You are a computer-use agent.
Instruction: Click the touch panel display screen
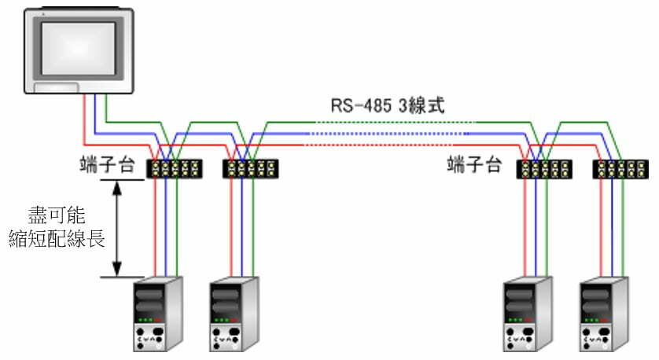click(x=72, y=47)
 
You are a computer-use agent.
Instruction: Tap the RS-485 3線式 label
click(x=388, y=105)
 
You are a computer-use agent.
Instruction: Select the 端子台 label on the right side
click(x=474, y=165)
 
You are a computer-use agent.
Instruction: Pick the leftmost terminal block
click(x=175, y=167)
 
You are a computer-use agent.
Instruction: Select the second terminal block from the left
click(x=249, y=167)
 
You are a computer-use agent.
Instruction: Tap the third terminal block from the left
click(x=543, y=167)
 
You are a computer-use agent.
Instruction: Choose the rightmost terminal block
click(x=620, y=167)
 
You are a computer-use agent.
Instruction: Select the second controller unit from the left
click(x=235, y=313)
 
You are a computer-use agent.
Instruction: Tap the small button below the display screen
click(x=56, y=86)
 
